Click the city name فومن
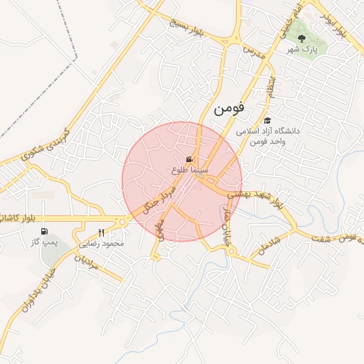coord(227,109)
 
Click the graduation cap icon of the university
coord(267,121)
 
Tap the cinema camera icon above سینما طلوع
coord(189,160)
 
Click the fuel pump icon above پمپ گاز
coord(45,232)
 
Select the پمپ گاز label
coord(43,242)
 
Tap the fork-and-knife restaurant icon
coord(101,232)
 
